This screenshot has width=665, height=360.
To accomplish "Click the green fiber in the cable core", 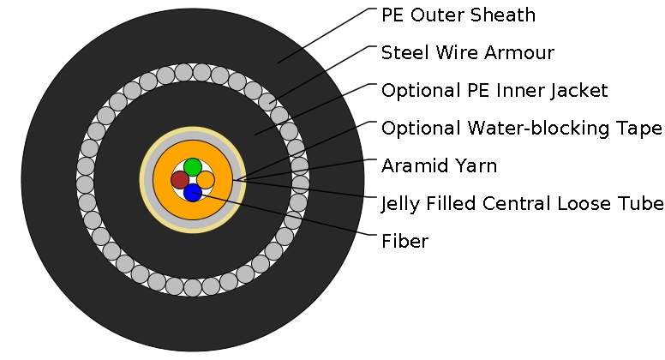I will pyautogui.click(x=193, y=166).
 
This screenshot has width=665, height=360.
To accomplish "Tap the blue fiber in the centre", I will pyautogui.click(x=193, y=193).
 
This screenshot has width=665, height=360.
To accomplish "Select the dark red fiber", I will pyautogui.click(x=179, y=180).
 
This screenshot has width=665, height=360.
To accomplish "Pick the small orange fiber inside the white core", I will pyautogui.click(x=206, y=180).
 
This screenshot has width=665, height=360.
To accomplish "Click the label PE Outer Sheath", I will pyautogui.click(x=458, y=15).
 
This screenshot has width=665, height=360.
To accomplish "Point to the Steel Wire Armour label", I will pyautogui.click(x=468, y=53).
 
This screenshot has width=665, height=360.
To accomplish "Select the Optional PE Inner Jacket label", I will pyautogui.click(x=494, y=91).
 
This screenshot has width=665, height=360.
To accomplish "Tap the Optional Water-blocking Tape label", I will pyautogui.click(x=521, y=129).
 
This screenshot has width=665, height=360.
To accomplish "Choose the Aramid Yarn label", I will pyautogui.click(x=439, y=166).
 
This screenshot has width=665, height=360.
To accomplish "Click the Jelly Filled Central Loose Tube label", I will pyautogui.click(x=522, y=204).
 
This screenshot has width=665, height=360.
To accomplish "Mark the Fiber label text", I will pyautogui.click(x=404, y=242).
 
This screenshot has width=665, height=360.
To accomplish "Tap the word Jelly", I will pyautogui.click(x=400, y=204).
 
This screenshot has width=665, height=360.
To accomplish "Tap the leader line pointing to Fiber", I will pyautogui.click(x=291, y=218).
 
